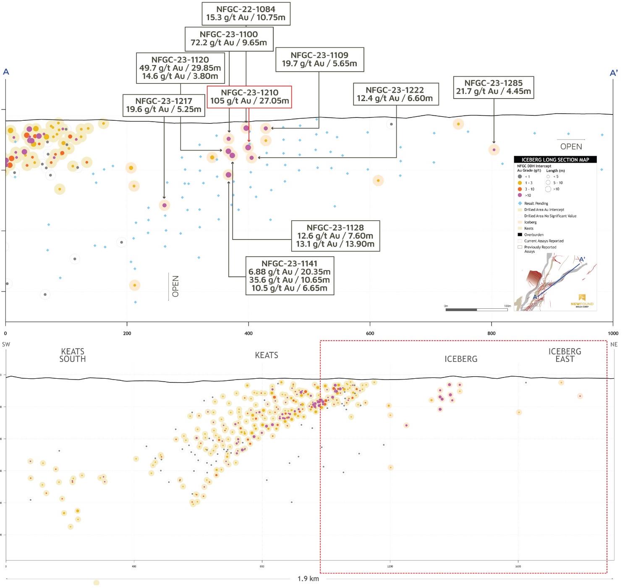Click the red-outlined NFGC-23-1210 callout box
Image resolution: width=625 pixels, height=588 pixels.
coord(249,97)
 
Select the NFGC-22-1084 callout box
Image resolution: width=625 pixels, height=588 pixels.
coord(246,13)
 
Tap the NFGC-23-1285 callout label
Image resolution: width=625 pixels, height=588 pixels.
coord(493,87)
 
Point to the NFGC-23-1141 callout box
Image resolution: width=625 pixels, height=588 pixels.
coord(289,276)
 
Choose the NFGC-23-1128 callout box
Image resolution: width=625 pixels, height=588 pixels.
coord(335,236)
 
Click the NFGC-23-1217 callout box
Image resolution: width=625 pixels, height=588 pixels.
coord(164,105)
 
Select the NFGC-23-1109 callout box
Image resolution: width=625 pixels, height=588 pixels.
coord(319,60)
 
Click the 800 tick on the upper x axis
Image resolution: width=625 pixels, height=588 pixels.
coord(492,333)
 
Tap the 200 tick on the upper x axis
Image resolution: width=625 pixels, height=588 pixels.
coord(127,333)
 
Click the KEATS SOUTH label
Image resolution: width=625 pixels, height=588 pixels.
coord(73,355)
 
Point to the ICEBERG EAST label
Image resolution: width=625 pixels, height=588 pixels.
coord(565,355)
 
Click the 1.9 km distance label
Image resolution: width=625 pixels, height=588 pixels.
coord(308,579)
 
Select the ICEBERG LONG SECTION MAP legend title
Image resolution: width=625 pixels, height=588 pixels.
coord(555,160)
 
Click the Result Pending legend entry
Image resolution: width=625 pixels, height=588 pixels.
coord(536,203)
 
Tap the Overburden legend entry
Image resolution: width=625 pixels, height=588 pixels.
coord(533,235)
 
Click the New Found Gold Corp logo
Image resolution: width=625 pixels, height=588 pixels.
coord(582,301)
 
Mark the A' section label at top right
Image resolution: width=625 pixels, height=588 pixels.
coord(613,73)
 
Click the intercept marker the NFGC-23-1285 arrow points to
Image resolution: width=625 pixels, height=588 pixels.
coord(494,150)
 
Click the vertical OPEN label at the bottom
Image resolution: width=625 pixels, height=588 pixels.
coord(175,286)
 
